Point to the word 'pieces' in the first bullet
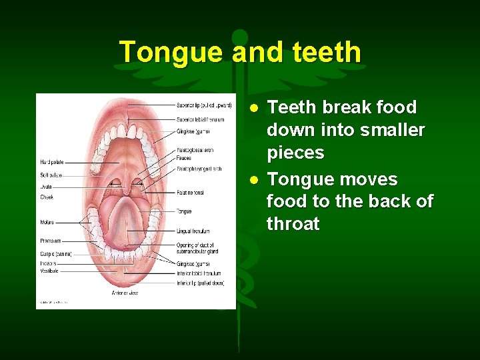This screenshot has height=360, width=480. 295,153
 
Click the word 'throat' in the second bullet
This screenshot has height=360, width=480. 293,224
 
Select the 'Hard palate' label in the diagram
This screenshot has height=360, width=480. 52,162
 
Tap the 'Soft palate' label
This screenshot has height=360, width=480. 51,175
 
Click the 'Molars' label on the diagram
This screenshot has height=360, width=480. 47,223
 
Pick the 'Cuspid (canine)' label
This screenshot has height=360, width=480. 56,254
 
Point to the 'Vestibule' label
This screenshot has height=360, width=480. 49,271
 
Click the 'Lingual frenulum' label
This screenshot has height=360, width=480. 193,231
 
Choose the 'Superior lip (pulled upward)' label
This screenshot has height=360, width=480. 204,105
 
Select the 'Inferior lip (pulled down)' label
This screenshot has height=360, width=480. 200,283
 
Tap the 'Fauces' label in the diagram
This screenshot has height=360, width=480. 184,159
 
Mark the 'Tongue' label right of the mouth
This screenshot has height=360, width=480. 184,211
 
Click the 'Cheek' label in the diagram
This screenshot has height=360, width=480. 46,197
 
